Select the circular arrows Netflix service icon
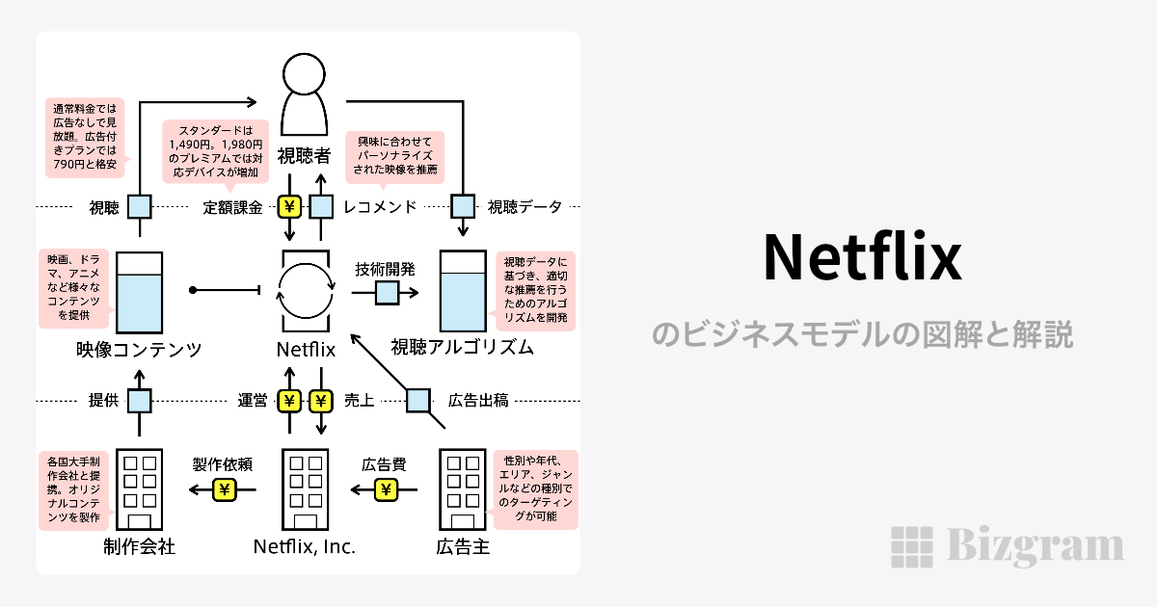(x=306, y=290)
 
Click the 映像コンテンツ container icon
(x=140, y=292)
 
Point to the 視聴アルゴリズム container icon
(x=464, y=292)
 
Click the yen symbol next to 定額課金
(x=290, y=206)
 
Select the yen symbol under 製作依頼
(x=225, y=489)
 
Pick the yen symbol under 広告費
(x=387, y=489)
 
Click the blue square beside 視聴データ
(x=464, y=206)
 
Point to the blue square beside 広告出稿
(x=417, y=400)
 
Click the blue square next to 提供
(x=140, y=400)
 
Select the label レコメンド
(x=380, y=206)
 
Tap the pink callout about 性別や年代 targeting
(x=535, y=489)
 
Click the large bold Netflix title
(x=862, y=257)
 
